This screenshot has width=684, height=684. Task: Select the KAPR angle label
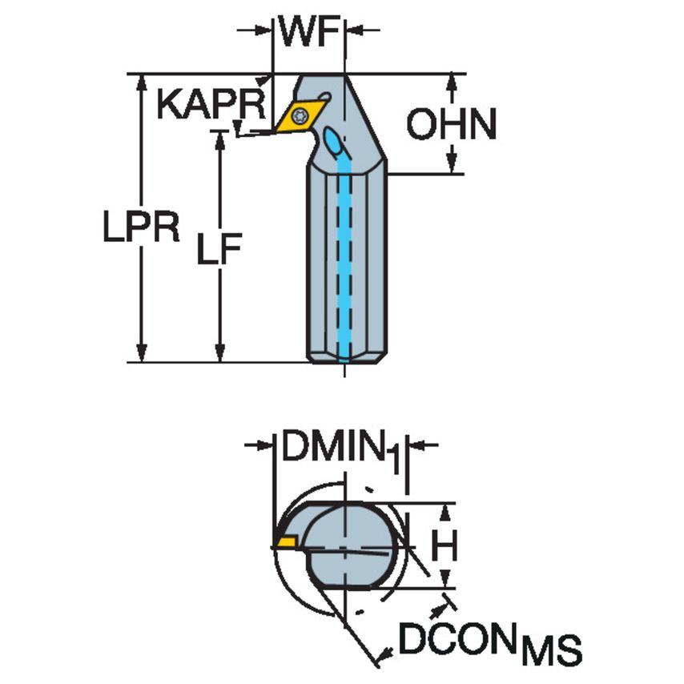210,104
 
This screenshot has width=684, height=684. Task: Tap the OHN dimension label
451,124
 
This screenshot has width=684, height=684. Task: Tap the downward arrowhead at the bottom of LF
219,353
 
